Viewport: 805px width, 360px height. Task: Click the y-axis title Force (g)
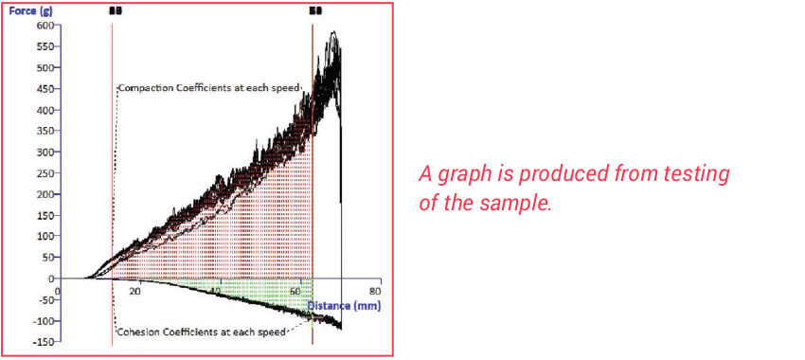[x=31, y=11]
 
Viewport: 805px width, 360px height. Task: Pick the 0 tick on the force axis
[x=49, y=279]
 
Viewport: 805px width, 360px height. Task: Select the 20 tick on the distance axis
[x=135, y=291]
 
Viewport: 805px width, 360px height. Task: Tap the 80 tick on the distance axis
[x=375, y=291]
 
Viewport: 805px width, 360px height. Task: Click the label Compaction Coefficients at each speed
[x=208, y=88]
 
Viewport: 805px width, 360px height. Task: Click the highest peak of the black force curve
[x=332, y=33]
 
